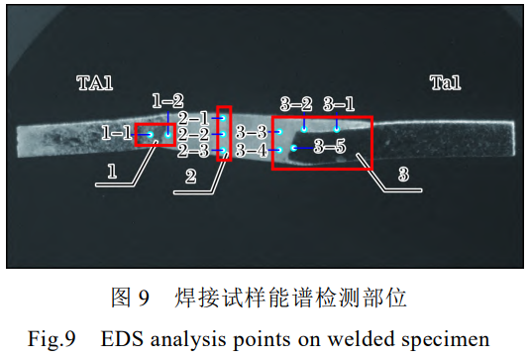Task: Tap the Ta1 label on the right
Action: coord(445,83)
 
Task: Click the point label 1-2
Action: coord(167,101)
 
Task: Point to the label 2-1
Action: coord(193,118)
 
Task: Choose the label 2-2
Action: coord(193,134)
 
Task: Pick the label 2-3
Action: coord(193,151)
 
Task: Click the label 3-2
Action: coord(296,104)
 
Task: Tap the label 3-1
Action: coord(338,104)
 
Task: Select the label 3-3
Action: coord(252,132)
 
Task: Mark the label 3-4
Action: coord(252,151)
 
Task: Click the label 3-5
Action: coord(329,147)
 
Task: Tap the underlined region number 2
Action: coord(191,177)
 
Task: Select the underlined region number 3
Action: coord(403,176)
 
